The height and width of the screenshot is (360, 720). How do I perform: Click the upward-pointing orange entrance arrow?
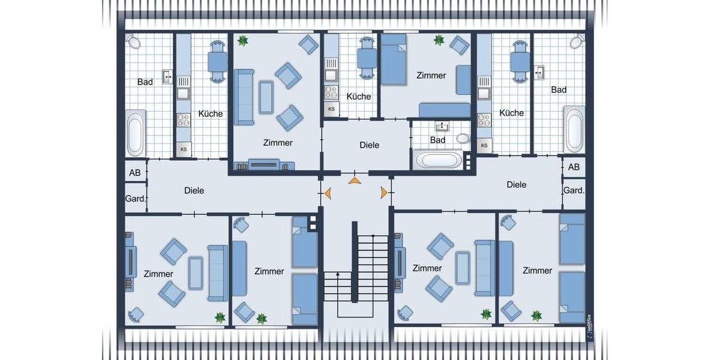[x=354, y=179]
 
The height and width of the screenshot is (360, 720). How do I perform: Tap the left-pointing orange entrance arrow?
[x=328, y=193]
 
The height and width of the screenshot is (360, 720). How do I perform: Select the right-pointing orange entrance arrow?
[x=383, y=192]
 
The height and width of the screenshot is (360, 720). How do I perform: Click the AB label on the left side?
[x=135, y=173]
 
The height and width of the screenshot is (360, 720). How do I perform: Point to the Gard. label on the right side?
[x=574, y=190]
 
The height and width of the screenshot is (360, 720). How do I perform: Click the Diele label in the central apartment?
[x=370, y=145]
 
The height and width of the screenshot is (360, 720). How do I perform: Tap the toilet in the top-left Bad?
[x=133, y=41]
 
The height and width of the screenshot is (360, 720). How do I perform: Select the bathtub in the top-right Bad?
[x=575, y=130]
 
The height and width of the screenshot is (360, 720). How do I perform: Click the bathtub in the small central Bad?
[x=438, y=160]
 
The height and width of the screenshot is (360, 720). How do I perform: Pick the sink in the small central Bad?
[x=443, y=127]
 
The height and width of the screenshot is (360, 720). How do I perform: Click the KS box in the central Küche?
[x=331, y=109]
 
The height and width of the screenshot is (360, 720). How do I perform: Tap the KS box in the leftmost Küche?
[x=183, y=149]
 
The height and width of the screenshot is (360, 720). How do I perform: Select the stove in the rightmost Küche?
[x=484, y=119]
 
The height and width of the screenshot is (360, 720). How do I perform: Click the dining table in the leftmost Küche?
[x=217, y=61]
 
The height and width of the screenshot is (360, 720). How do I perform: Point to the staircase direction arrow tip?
[x=338, y=274]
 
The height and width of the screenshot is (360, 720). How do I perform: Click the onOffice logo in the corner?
[x=589, y=327]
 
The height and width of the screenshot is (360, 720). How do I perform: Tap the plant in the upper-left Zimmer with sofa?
[x=243, y=41]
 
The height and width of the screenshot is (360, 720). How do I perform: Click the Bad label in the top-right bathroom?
[x=559, y=90]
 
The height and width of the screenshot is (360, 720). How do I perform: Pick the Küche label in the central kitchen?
[x=359, y=96]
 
